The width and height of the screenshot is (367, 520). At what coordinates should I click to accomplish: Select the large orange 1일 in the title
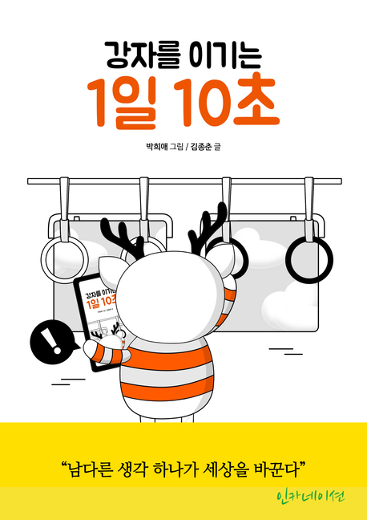click(122, 104)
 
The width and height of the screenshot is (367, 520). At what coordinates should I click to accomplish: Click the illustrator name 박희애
click(155, 146)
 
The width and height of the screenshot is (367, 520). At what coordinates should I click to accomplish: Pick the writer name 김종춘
click(200, 146)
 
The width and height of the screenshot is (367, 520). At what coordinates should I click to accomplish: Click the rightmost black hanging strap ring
click(309, 260)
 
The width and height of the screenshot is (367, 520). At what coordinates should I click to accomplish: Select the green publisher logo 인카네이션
click(310, 497)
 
